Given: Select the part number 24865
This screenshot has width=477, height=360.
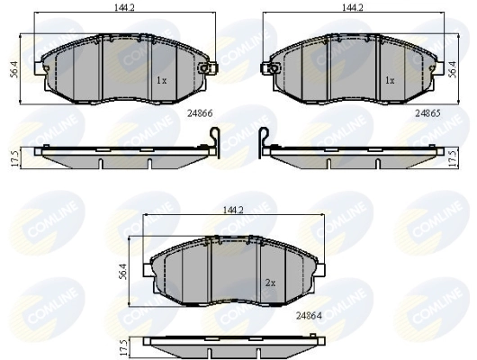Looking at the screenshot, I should [x=427, y=114].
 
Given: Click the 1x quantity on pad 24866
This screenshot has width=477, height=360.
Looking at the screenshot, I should [x=162, y=80].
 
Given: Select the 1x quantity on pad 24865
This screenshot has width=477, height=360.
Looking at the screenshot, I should [x=390, y=80].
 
